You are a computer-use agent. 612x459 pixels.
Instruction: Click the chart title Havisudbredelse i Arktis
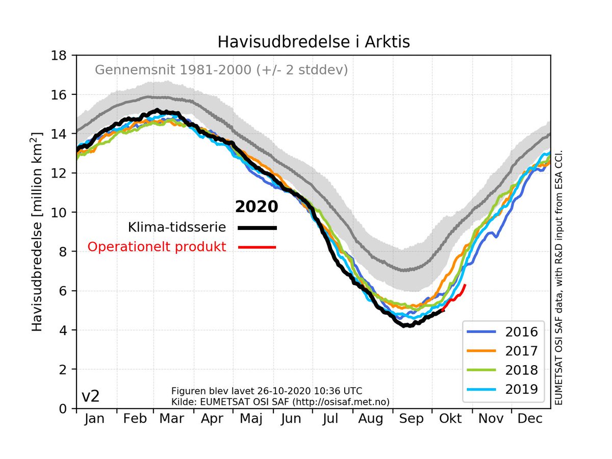coord(313,42)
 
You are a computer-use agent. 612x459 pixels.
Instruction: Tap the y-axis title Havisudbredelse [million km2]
coord(37,230)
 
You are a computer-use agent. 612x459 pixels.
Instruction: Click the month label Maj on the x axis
coord(251,419)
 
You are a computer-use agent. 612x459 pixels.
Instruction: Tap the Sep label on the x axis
coord(411,419)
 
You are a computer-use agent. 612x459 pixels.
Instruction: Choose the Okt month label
coord(451,419)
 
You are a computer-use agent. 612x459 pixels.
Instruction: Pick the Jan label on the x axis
coord(95,419)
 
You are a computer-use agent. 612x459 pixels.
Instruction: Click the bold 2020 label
coord(257,207)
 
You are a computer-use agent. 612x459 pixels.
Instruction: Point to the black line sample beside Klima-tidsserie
coord(258,228)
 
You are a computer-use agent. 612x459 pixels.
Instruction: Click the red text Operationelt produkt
coord(157,247)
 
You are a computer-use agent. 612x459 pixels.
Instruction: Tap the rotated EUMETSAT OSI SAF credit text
coord(558,278)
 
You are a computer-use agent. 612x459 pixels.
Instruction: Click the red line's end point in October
coord(465,285)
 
